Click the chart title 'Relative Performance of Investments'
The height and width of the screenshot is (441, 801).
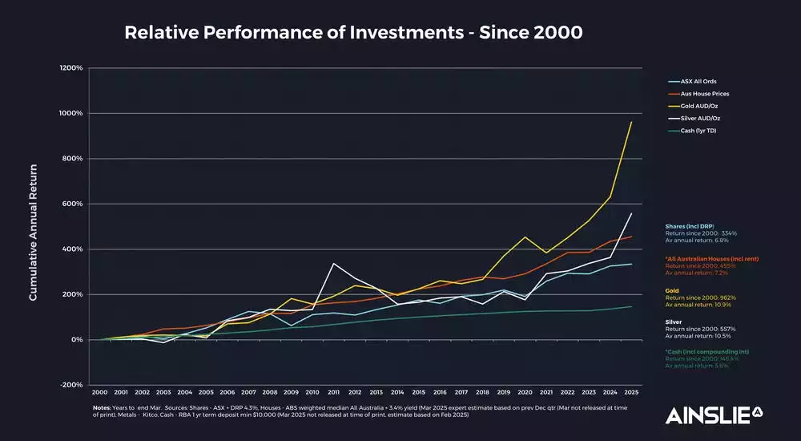(353, 33)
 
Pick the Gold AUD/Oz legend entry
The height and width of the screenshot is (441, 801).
(698, 106)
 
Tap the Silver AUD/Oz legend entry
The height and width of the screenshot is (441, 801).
(699, 119)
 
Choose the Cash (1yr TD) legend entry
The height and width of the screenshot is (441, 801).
(698, 131)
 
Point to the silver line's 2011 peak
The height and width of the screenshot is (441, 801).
(334, 264)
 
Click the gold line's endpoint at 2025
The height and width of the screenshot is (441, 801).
(632, 122)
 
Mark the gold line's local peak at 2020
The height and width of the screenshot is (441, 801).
(525, 237)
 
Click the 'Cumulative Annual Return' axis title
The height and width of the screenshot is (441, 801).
(34, 232)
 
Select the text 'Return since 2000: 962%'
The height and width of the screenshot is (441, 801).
(700, 297)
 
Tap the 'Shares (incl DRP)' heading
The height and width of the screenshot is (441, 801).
(690, 226)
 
